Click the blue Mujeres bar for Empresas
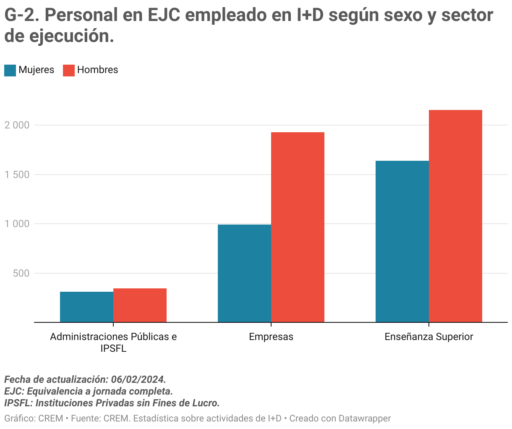(x=244, y=273)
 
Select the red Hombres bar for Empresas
(x=298, y=227)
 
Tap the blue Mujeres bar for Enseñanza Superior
(x=402, y=241)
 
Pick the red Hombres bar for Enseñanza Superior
(x=455, y=216)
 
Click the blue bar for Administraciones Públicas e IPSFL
(x=86, y=307)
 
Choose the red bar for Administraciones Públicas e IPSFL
(x=140, y=305)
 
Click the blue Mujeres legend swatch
(x=10, y=70)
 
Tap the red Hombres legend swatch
(x=69, y=70)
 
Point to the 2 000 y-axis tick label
(x=17, y=125)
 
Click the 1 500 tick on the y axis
(x=17, y=175)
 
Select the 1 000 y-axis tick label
(x=17, y=224)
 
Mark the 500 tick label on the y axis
(x=21, y=273)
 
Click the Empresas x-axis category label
(x=271, y=337)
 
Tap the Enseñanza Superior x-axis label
(x=429, y=337)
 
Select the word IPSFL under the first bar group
(x=113, y=348)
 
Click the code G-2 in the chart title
(x=21, y=16)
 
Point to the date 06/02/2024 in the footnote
(x=138, y=379)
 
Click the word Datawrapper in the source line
(x=364, y=418)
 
